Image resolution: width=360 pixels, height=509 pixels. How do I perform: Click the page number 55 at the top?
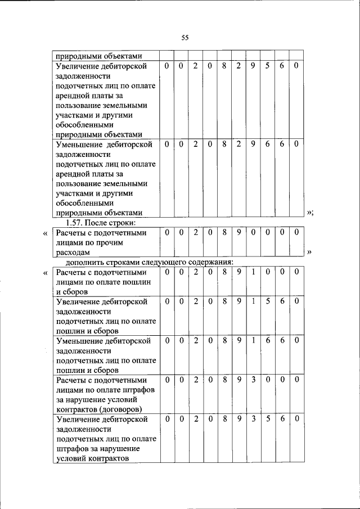(184, 38)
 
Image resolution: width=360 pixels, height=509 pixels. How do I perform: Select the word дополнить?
(85, 262)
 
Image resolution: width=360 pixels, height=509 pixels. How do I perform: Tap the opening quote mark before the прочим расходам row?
(45, 232)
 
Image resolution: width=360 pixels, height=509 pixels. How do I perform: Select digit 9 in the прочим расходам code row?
(238, 232)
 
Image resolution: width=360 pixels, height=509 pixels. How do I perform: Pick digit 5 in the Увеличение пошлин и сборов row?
(268, 302)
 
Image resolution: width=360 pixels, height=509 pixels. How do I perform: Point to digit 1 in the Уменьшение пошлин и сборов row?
(253, 341)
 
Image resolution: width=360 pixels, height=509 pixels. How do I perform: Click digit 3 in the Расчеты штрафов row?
(253, 380)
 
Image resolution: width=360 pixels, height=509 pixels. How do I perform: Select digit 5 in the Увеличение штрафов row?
(268, 419)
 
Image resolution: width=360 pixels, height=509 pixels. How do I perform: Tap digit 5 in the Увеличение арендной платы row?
(268, 66)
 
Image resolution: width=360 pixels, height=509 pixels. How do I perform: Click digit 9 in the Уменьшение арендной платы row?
(253, 145)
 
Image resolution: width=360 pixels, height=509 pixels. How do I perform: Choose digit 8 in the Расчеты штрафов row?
(224, 380)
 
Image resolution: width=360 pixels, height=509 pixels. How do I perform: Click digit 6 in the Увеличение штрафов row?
(282, 419)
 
